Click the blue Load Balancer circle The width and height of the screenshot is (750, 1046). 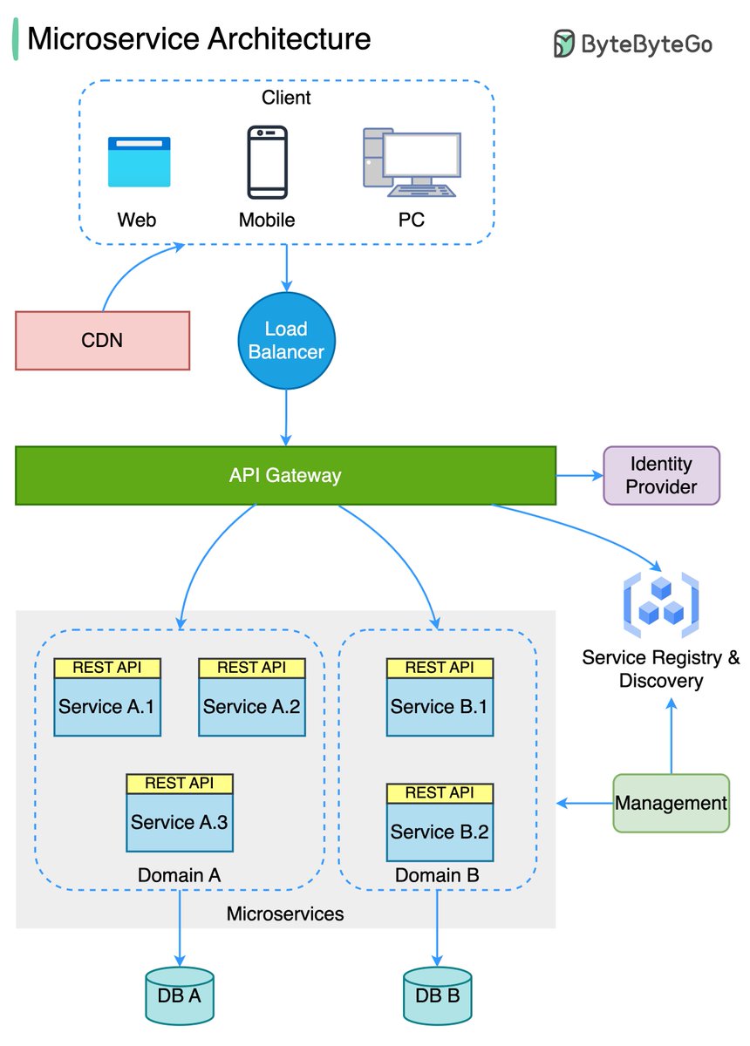coord(286,341)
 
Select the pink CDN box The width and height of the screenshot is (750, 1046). coord(102,339)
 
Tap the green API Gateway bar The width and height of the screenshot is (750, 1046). coord(285,475)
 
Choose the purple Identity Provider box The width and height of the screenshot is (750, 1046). coord(661,475)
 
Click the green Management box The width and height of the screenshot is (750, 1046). coord(671,803)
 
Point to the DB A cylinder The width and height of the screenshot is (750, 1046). coord(179,995)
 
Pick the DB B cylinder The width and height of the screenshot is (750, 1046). coord(436,995)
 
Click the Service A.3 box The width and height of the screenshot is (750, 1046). coord(180,822)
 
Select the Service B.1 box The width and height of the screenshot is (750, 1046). coord(440,706)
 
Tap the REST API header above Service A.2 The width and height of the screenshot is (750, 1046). coord(252,668)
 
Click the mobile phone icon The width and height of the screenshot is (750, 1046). coord(267,162)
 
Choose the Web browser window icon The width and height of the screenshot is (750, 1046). coord(139,162)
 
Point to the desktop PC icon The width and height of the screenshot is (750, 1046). coord(411,162)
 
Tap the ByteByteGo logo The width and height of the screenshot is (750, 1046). coord(633,44)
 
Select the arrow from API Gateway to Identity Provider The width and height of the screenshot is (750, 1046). coord(579,475)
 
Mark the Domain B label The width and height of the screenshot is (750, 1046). coord(436,874)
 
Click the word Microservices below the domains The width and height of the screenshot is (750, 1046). coord(285,914)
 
